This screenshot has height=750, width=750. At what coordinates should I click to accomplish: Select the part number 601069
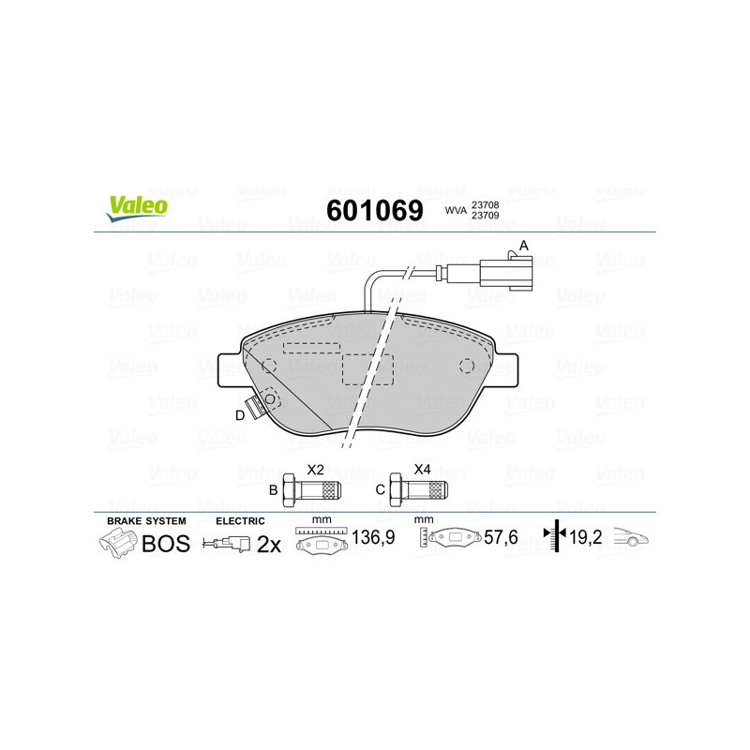pyautogui.click(x=374, y=210)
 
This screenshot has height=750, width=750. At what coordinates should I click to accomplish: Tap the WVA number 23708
pyautogui.click(x=485, y=203)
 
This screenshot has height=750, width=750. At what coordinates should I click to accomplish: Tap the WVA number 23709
pyautogui.click(x=485, y=216)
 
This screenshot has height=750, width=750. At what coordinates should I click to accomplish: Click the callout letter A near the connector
pyautogui.click(x=524, y=246)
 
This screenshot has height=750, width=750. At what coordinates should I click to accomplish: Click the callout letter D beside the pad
pyautogui.click(x=240, y=415)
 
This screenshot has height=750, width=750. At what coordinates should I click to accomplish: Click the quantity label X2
pyautogui.click(x=316, y=469)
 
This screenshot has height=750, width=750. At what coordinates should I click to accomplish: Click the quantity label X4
pyautogui.click(x=423, y=469)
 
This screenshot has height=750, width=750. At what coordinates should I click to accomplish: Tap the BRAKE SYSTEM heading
pyautogui.click(x=146, y=520)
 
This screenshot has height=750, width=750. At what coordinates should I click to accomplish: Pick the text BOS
pyautogui.click(x=165, y=543)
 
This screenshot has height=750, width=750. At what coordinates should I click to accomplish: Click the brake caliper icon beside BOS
pyautogui.click(x=118, y=542)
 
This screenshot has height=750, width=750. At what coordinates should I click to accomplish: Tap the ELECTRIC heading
pyautogui.click(x=240, y=520)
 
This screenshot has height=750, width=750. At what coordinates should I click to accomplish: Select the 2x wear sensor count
pyautogui.click(x=270, y=544)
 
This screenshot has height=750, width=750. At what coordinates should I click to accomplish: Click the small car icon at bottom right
pyautogui.click(x=631, y=538)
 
